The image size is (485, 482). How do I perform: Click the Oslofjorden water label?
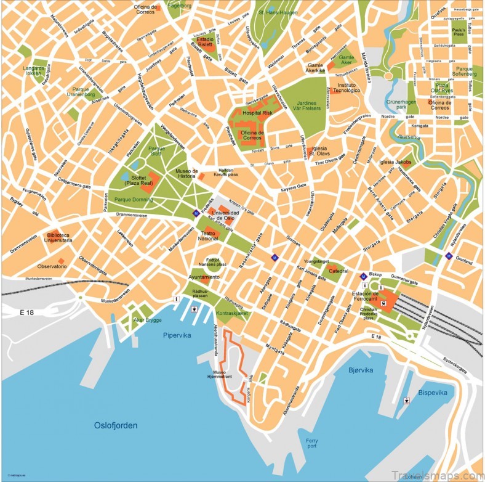click(x=116, y=425)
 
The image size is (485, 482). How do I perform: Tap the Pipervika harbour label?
click(x=179, y=336)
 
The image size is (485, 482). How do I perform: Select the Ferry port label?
click(x=312, y=443)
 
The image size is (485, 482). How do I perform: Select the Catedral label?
click(x=338, y=271)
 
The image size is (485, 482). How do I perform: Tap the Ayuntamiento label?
click(x=204, y=278)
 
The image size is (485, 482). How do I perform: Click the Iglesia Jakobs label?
click(x=395, y=162)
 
